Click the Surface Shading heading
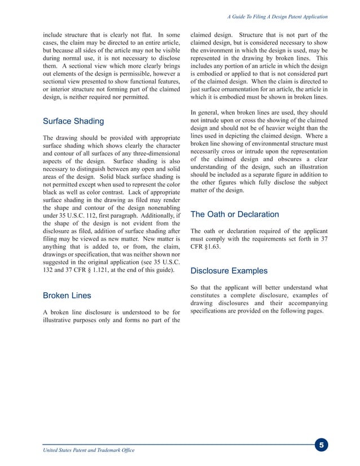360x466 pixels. pyautogui.click(x=73, y=121)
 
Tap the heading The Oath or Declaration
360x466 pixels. pyautogui.click(x=234, y=214)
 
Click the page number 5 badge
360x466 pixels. pyautogui.click(x=321, y=446)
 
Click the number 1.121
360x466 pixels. pyautogui.click(x=117, y=271)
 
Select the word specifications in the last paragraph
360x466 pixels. pyautogui.click(x=213, y=311)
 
